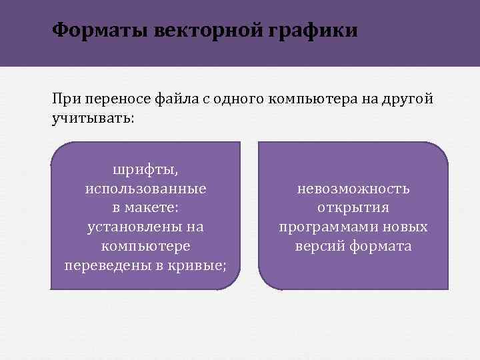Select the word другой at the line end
[407, 99]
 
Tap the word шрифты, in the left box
[145, 169]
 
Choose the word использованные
[145, 189]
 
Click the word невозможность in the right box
[353, 189]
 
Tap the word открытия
[353, 208]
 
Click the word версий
[317, 247]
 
